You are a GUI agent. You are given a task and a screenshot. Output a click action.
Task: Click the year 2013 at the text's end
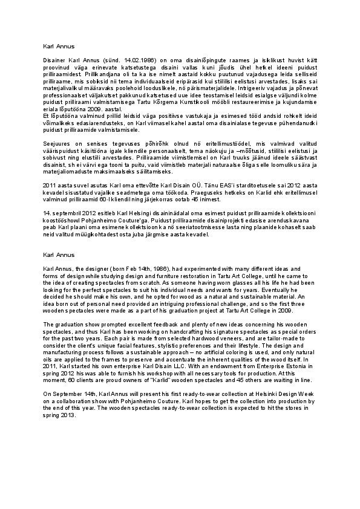click(x=68, y=416)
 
